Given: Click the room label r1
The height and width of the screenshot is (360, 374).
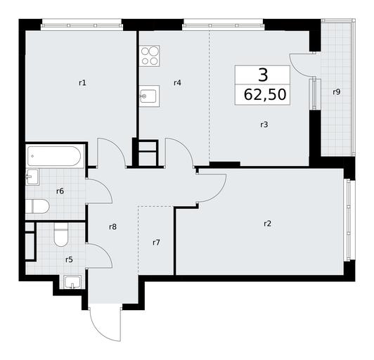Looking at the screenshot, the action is pos(82,83).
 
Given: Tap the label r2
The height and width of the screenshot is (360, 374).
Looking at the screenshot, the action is pos(268,224).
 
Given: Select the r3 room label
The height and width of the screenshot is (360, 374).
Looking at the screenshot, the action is pos(264,124).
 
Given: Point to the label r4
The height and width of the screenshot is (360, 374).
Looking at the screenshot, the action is pos(177,83).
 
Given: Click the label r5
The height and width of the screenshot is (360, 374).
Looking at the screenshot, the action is pos(69,259).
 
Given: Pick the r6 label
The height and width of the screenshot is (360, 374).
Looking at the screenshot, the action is pos(60,191).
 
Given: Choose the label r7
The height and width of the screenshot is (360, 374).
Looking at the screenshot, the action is pos(156,243).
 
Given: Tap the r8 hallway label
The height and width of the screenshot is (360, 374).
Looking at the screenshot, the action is pos(112,226).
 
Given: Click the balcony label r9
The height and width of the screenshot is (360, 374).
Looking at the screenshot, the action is pos(337,92).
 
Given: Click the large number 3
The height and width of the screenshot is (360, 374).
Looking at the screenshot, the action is pos(263,75).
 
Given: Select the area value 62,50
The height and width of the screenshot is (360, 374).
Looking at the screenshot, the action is pos(265,94).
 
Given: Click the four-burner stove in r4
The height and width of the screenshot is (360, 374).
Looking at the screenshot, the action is pos(150,56).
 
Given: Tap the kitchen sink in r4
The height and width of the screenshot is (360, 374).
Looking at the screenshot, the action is pos(150,96).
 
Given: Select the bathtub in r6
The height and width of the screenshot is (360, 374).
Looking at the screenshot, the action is pos(55,156).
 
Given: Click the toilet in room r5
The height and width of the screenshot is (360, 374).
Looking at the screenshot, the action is pos(61,235).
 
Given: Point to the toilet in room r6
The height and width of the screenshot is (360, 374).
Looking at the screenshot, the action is pos(37,206).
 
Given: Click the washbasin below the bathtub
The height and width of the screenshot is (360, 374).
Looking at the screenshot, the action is pos(32,176).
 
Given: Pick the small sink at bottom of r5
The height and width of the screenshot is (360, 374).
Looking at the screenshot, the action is pos(73,282).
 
